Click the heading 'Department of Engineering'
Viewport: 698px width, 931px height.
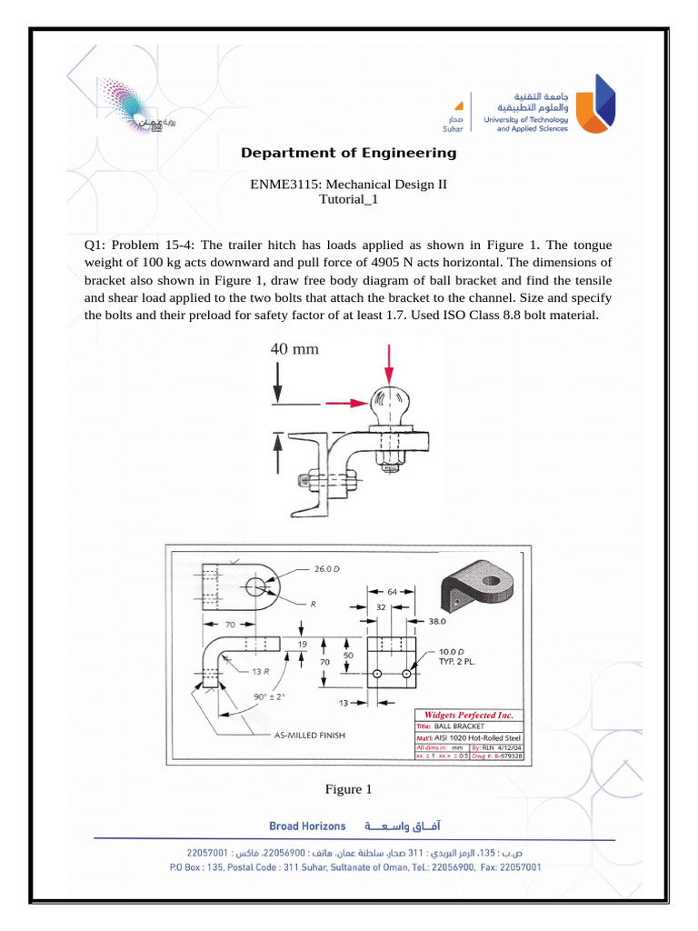[x=348, y=153]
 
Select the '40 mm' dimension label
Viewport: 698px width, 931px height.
[x=294, y=348]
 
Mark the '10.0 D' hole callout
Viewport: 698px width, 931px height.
[x=452, y=652]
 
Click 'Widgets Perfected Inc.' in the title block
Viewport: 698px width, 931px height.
[x=469, y=715]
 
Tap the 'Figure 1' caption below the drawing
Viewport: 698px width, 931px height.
[x=348, y=789]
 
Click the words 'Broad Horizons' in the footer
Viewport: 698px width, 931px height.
[x=307, y=826]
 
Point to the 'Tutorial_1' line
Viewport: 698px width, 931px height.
[x=348, y=199]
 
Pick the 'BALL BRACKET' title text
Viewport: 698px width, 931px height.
[x=459, y=727]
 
